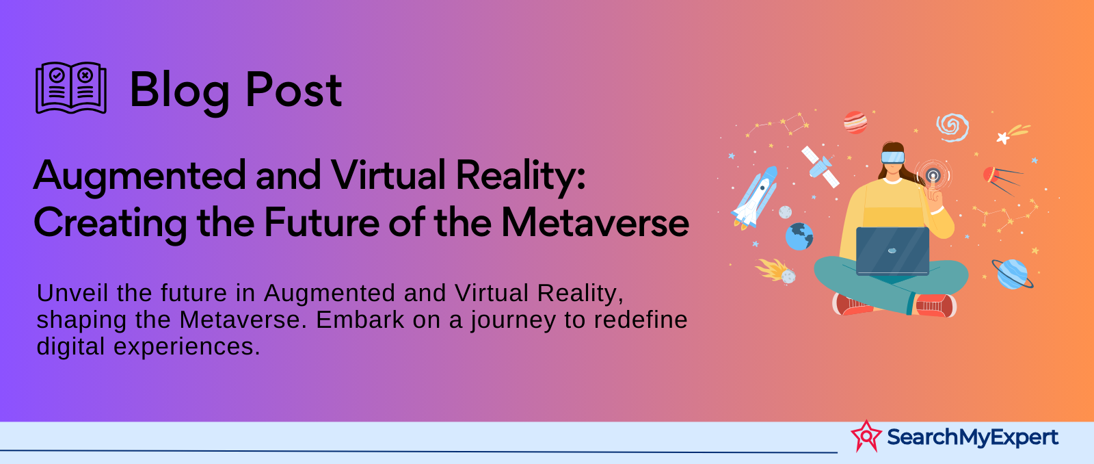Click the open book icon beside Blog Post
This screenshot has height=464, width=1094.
pos(71,88)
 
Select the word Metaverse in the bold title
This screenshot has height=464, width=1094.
pos(595,222)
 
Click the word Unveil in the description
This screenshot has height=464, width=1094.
pos(73,293)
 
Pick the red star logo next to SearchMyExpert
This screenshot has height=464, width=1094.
pos(866,436)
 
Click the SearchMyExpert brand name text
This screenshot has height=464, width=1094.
pos(972,437)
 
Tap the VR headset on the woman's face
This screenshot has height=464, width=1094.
pos(893,157)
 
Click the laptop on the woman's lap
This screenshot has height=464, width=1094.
pos(892,251)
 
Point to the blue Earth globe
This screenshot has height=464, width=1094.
pos(799,237)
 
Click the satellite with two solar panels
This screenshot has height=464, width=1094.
pos(820,166)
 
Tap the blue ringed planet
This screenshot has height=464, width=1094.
pos(1012,274)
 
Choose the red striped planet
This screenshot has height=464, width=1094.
pos(855,123)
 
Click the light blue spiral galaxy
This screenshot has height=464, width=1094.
pos(952,127)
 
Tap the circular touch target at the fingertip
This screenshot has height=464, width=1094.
pos(933,175)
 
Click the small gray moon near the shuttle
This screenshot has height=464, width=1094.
pos(786,212)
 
